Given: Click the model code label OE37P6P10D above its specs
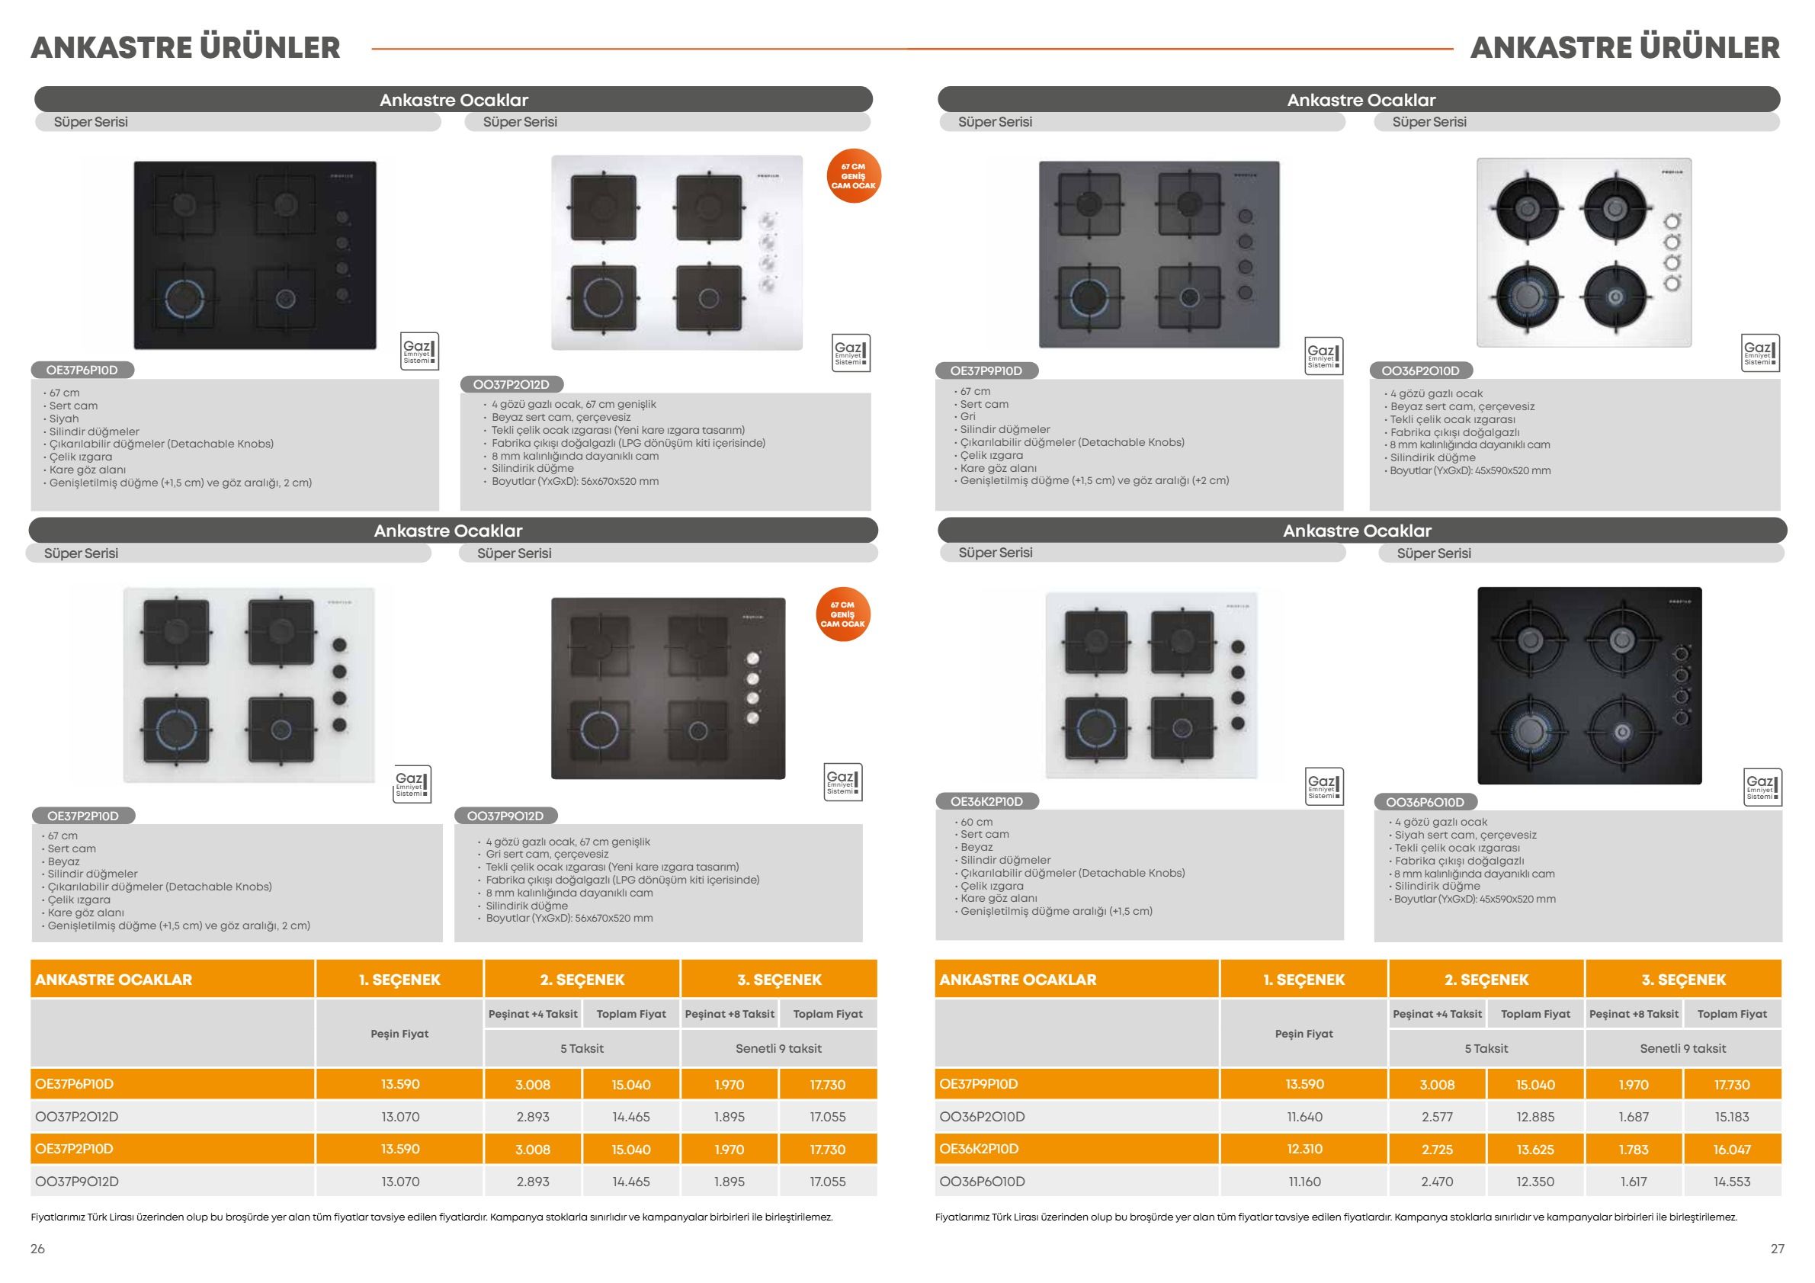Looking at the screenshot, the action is click(82, 370).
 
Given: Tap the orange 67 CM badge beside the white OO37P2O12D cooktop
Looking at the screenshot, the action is click(853, 176).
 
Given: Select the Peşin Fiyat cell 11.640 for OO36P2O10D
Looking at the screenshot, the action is click(1304, 1117).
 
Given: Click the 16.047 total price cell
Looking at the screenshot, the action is click(1732, 1150).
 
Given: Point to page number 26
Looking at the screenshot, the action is click(37, 1249).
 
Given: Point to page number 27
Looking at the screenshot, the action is click(1777, 1249).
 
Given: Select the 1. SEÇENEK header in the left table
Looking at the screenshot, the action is click(399, 980).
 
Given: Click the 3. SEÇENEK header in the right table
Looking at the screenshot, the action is click(1684, 980).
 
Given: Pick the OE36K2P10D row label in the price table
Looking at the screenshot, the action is click(979, 1149).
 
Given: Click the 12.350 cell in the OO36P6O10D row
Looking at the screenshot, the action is click(1535, 1182).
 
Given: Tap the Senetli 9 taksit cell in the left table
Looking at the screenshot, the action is click(778, 1048).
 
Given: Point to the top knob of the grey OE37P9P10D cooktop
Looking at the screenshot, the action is click(1245, 217).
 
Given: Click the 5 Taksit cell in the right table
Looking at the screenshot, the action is click(1486, 1048).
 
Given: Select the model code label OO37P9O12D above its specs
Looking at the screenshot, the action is click(506, 816).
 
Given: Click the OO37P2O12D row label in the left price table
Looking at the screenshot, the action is click(77, 1117).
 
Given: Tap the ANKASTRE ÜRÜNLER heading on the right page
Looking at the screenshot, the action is click(1624, 47).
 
